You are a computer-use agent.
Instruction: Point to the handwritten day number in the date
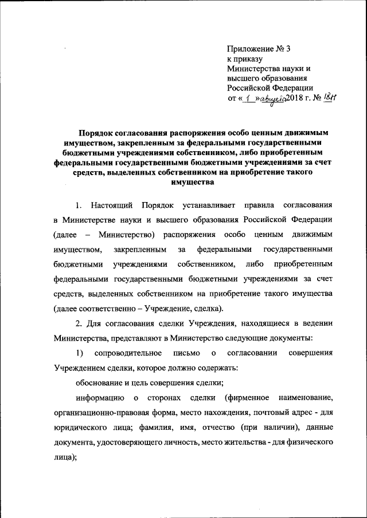[x=246, y=98]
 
